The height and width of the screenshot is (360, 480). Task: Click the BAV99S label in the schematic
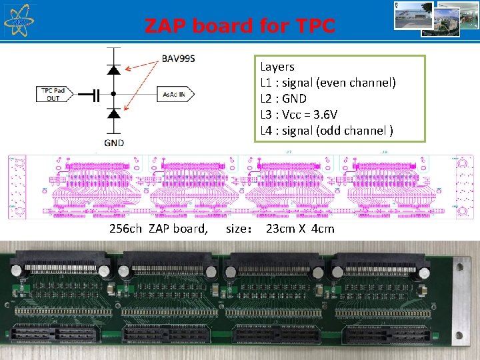point(179,58)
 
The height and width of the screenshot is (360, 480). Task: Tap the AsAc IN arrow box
point(175,95)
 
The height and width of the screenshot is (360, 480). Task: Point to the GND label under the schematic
point(113,142)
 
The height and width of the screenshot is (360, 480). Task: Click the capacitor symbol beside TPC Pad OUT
point(95,95)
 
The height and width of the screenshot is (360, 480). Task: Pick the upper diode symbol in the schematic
point(113,69)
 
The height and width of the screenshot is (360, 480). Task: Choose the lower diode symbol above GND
point(113,114)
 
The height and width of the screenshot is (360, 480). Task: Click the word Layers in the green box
point(277,67)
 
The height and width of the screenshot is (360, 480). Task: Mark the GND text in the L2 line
point(293,98)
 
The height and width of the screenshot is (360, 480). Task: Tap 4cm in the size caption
point(323,229)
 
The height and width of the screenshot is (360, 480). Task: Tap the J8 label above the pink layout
point(385,152)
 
